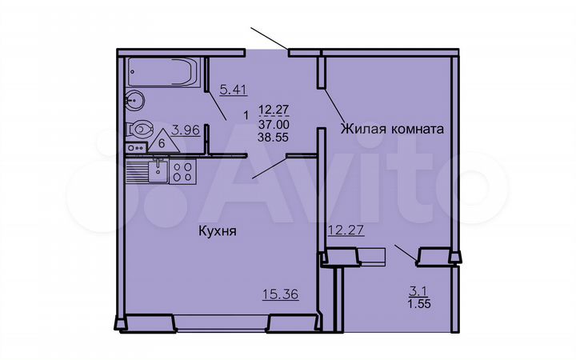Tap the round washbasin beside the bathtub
click(134, 101)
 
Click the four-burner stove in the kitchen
click(182, 170)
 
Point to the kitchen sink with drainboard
click(151, 170)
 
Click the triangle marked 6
click(163, 140)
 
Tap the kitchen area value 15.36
click(280, 294)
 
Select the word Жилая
click(361, 128)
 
